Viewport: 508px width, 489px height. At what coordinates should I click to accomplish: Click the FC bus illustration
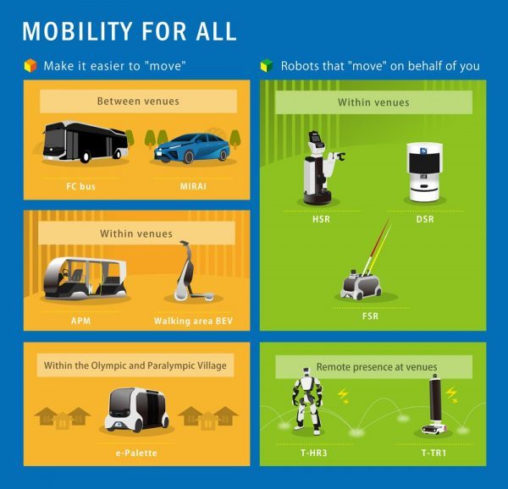coord(85,142)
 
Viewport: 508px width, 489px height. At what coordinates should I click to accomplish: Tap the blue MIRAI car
coord(192,148)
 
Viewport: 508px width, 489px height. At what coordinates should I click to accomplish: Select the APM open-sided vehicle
coord(85,278)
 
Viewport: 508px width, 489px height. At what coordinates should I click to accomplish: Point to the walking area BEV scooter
coord(191,272)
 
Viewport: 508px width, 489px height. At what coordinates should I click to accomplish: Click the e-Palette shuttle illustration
coord(136,409)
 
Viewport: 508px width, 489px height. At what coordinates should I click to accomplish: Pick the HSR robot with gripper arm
coord(322,168)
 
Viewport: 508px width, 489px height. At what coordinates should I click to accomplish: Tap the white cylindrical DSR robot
coord(424,173)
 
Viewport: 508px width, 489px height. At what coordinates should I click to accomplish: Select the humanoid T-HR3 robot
coord(306,401)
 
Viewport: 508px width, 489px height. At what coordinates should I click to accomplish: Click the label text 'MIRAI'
coord(193,186)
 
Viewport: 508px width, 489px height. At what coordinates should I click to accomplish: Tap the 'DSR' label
coord(425,219)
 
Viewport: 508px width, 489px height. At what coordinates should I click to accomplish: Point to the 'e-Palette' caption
coord(136,453)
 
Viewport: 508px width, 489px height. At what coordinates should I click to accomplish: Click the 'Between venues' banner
coord(138,102)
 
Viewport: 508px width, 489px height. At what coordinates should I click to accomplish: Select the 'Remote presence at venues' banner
coord(373,367)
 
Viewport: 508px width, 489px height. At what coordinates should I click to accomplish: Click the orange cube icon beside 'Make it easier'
coord(30,66)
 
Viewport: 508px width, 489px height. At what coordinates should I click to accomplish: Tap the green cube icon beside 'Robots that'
coord(267,66)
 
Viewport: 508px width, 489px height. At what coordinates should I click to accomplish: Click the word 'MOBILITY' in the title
coord(77,31)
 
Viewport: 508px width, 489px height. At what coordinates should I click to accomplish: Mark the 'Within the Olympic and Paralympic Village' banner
coord(135,365)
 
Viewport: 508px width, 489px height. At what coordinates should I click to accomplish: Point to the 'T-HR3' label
coord(314,453)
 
